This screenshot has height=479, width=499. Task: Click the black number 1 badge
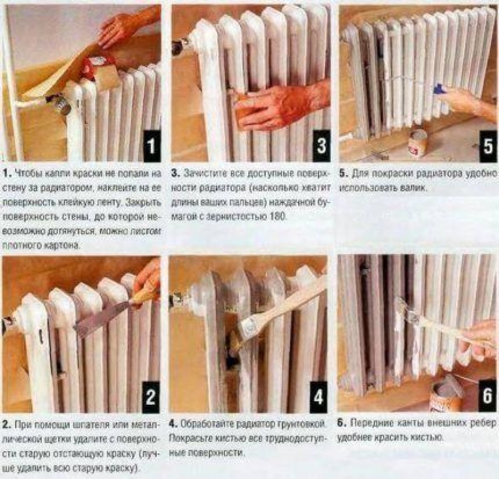point(151,146)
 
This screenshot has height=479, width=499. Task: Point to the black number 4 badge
point(318,396)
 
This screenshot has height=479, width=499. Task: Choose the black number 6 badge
point(488,396)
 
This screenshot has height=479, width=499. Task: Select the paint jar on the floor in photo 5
point(418,143)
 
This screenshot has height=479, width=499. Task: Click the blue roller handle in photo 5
point(439,88)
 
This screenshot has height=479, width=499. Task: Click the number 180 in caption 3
point(278,217)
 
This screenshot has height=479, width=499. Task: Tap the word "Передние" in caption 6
point(369,423)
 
